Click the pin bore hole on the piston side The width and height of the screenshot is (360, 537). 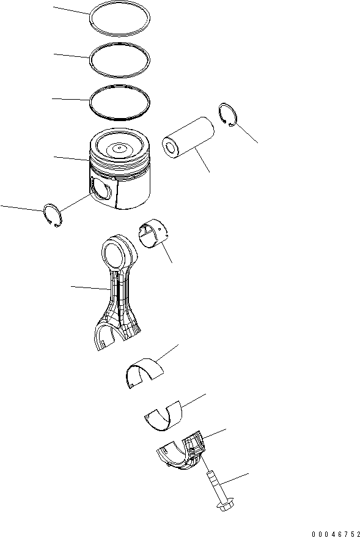coord(101,189)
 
